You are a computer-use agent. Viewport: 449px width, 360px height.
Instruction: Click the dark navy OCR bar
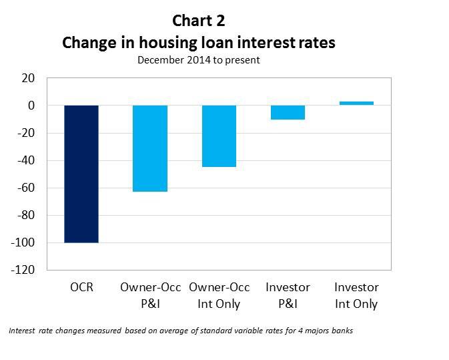(81, 174)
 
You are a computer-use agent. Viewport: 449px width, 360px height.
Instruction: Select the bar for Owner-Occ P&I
(150, 148)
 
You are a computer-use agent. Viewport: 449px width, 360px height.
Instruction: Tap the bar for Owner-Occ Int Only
(219, 136)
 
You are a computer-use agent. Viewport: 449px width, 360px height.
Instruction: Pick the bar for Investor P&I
(288, 112)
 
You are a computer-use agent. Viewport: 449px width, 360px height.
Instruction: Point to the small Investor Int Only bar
(356, 104)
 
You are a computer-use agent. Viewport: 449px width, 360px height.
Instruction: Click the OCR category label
(81, 288)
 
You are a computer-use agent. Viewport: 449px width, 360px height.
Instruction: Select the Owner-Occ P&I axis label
(150, 296)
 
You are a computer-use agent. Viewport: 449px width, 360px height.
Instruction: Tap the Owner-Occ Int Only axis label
(219, 296)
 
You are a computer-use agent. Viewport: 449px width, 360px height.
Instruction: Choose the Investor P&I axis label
(288, 296)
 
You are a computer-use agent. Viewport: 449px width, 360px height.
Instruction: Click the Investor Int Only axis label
(356, 296)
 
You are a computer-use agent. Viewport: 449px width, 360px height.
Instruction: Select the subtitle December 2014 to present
(198, 60)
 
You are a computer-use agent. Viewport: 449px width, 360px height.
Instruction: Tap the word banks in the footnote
(341, 331)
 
